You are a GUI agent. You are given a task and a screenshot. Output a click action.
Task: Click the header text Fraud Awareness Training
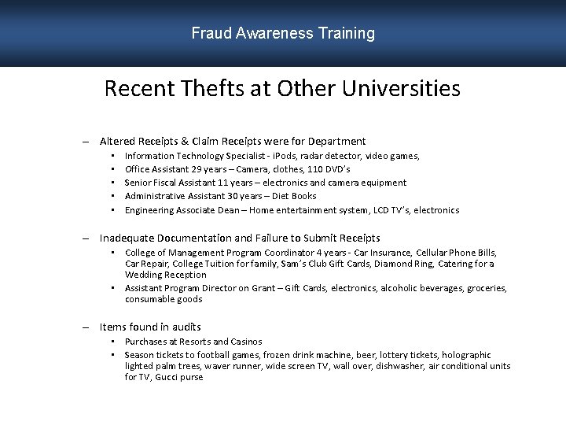coord(283,33)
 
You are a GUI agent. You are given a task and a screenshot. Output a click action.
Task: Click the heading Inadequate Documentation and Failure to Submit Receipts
coord(240,238)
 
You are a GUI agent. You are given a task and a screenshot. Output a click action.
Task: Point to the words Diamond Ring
coord(402,264)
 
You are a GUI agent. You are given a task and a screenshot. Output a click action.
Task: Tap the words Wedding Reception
coord(165,275)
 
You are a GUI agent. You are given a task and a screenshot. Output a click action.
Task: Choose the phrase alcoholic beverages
coord(421,288)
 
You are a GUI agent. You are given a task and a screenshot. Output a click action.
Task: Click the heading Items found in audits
coord(150,327)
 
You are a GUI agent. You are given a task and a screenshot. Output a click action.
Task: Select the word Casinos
coord(245,342)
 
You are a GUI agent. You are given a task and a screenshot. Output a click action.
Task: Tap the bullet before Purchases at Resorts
coord(114,342)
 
